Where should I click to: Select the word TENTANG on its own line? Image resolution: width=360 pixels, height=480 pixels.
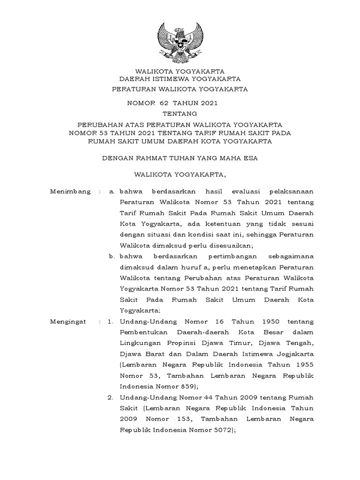tap(180, 113)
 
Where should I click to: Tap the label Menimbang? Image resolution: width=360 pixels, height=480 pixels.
tap(71, 192)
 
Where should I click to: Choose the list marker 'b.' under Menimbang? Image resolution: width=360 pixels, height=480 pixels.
tap(112, 256)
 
